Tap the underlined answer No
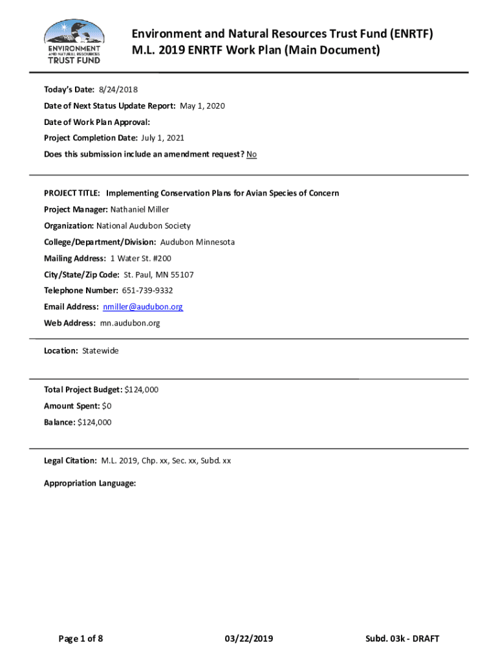(x=252, y=154)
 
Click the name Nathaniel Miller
(x=140, y=209)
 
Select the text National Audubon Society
(x=144, y=226)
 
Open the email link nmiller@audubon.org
(x=143, y=307)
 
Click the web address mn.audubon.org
(x=130, y=323)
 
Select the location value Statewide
(x=100, y=351)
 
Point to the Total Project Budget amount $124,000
(x=141, y=390)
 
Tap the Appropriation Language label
(x=90, y=483)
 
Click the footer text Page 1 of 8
(x=81, y=639)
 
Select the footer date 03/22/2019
(x=249, y=639)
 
